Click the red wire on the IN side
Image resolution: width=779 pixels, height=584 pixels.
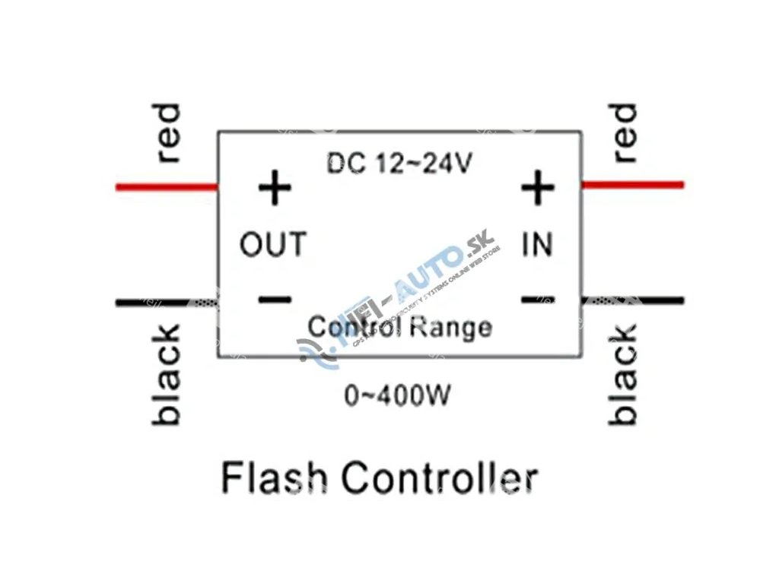pyautogui.click(x=632, y=184)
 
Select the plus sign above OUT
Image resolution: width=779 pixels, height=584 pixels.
pyautogui.click(x=275, y=188)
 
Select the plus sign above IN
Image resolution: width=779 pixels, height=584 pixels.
pyautogui.click(x=537, y=186)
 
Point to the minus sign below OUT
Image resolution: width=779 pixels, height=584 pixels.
pyautogui.click(x=275, y=300)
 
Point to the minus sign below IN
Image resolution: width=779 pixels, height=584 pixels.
pyautogui.click(x=537, y=299)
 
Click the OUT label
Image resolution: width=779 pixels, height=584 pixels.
pyautogui.click(x=273, y=245)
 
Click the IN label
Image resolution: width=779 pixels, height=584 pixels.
pyautogui.click(x=537, y=245)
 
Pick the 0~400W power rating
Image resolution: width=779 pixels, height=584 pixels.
pyautogui.click(x=397, y=396)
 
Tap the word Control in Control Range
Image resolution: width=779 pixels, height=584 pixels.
pyautogui.click(x=355, y=328)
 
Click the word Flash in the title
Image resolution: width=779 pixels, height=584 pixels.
pyautogui.click(x=274, y=478)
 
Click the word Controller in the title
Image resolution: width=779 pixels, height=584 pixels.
pyautogui.click(x=439, y=478)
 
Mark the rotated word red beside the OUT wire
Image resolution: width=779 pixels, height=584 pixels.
pyautogui.click(x=167, y=133)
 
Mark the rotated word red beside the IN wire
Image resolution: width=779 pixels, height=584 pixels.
pyautogui.click(x=623, y=133)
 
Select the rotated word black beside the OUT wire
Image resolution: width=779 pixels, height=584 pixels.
pyautogui.click(x=167, y=374)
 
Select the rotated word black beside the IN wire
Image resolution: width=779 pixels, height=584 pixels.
pyautogui.click(x=623, y=374)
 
